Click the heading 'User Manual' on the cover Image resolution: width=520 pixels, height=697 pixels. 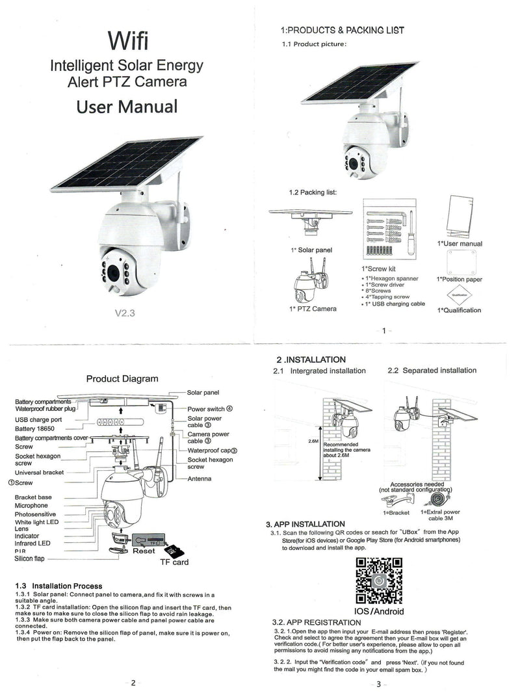(x=127, y=106)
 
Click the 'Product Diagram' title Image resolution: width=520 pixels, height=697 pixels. (x=122, y=378)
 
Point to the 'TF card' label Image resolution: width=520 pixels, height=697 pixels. (x=174, y=562)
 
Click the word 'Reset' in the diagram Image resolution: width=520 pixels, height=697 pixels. (x=144, y=551)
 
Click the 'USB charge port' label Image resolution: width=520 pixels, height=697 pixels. (x=38, y=419)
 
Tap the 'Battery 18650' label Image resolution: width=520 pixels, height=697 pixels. (x=36, y=429)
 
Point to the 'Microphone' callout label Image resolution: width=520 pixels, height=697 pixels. (x=31, y=505)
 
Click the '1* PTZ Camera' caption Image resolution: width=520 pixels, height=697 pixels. (x=313, y=308)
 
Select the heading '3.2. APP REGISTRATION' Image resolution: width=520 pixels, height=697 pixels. (x=316, y=623)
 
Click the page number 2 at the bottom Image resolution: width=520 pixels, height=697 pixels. (x=133, y=682)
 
